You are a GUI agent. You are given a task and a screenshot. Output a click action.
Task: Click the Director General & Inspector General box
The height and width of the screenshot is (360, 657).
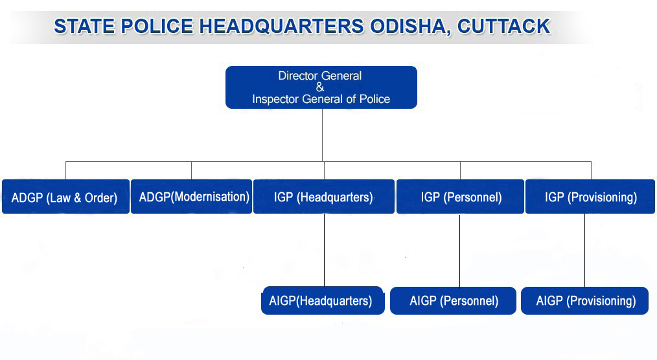pyautogui.click(x=321, y=87)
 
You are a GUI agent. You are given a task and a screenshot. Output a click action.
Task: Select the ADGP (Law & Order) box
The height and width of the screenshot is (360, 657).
pyautogui.click(x=66, y=197)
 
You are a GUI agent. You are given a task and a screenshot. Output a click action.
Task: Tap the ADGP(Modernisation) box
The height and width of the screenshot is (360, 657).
pyautogui.click(x=192, y=197)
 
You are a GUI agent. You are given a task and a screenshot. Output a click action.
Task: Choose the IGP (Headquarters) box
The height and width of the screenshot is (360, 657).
pyautogui.click(x=324, y=197)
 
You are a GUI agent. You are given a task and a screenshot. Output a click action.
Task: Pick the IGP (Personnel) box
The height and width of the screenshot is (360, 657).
pyautogui.click(x=460, y=197)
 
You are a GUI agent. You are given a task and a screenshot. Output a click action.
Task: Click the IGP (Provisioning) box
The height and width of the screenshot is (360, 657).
pyautogui.click(x=590, y=197)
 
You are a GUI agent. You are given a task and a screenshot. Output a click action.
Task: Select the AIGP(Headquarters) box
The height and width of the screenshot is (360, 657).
pyautogui.click(x=323, y=300)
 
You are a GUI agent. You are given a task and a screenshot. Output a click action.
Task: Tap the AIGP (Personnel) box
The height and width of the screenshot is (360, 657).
pyautogui.click(x=453, y=300)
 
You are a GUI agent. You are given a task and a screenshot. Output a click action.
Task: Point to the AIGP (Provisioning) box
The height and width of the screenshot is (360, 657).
pyautogui.click(x=584, y=300)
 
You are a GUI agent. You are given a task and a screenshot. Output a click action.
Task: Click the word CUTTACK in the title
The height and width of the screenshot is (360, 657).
pyautogui.click(x=503, y=27)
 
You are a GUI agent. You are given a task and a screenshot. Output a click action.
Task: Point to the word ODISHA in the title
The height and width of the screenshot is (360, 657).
pyautogui.click(x=410, y=27)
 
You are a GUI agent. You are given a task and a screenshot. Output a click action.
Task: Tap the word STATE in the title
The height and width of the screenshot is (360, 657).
pyautogui.click(x=84, y=27)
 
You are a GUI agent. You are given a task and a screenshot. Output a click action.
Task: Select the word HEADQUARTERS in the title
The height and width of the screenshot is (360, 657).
pyautogui.click(x=281, y=27)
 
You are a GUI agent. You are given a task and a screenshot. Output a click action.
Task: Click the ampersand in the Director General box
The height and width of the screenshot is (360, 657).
pyautogui.click(x=320, y=87)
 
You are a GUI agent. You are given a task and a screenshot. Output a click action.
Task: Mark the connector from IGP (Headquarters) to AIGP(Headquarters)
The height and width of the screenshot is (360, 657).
pyautogui.click(x=325, y=251)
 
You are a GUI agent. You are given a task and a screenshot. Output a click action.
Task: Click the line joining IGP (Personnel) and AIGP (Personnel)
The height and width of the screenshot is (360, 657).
pyautogui.click(x=459, y=251)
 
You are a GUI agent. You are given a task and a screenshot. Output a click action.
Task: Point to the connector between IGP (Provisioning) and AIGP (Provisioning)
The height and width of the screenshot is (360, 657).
pyautogui.click(x=584, y=251)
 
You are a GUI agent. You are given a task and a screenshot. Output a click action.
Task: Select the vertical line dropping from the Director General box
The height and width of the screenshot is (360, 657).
pyautogui.click(x=322, y=135)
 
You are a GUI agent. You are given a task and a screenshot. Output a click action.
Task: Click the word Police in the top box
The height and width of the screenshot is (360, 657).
pyautogui.click(x=375, y=99)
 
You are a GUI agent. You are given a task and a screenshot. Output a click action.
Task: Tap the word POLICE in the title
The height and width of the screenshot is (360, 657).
pyautogui.click(x=157, y=27)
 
